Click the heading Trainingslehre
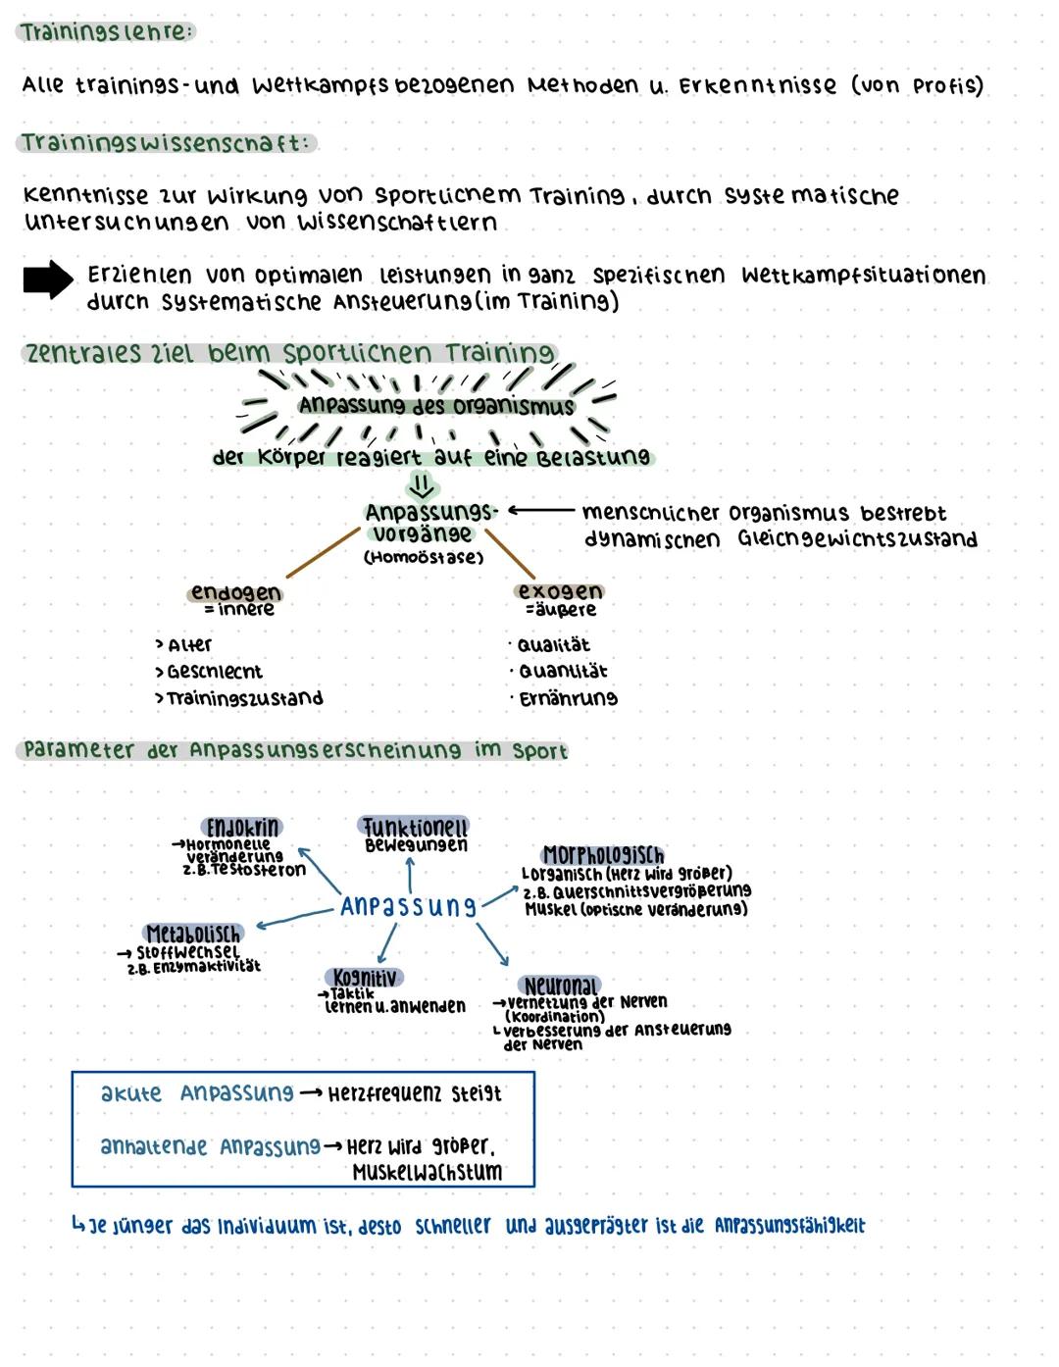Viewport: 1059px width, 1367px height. (106, 32)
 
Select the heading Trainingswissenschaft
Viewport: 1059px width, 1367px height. (166, 143)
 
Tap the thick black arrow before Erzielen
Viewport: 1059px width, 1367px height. (48, 280)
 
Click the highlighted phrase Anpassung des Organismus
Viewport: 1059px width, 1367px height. (436, 405)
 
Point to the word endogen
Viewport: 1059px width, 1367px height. (235, 592)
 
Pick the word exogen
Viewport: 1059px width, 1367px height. (560, 591)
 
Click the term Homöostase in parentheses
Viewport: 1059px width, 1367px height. (424, 558)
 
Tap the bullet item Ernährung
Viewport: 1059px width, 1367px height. (568, 699)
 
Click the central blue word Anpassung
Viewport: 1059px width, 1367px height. (408, 906)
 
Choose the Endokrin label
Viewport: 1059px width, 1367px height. (241, 827)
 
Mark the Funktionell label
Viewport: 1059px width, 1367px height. (415, 827)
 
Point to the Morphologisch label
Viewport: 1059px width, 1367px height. (603, 855)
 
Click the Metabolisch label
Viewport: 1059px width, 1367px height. (193, 933)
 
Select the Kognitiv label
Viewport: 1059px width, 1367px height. (365, 978)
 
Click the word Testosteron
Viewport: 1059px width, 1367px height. (257, 870)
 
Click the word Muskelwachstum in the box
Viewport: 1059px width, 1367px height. (428, 1173)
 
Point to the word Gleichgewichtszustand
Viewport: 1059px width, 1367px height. (858, 539)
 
